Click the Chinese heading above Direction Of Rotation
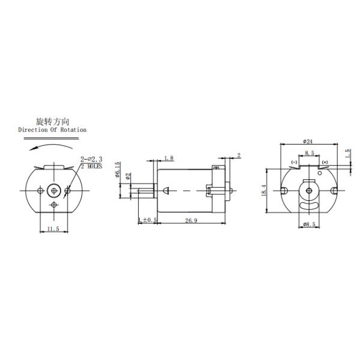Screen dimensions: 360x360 click(x=53, y=121)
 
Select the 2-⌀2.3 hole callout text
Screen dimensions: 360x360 click(x=91, y=159)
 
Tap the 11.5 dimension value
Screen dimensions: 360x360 click(x=54, y=229)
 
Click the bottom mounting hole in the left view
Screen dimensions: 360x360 click(x=54, y=205)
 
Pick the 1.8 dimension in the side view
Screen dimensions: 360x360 click(x=169, y=158)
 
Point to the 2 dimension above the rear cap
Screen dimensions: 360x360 click(x=238, y=155)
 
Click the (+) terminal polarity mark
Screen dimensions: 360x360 click(x=325, y=162)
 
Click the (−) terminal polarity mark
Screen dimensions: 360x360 click(x=294, y=162)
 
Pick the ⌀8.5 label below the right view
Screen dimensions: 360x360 click(x=310, y=224)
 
